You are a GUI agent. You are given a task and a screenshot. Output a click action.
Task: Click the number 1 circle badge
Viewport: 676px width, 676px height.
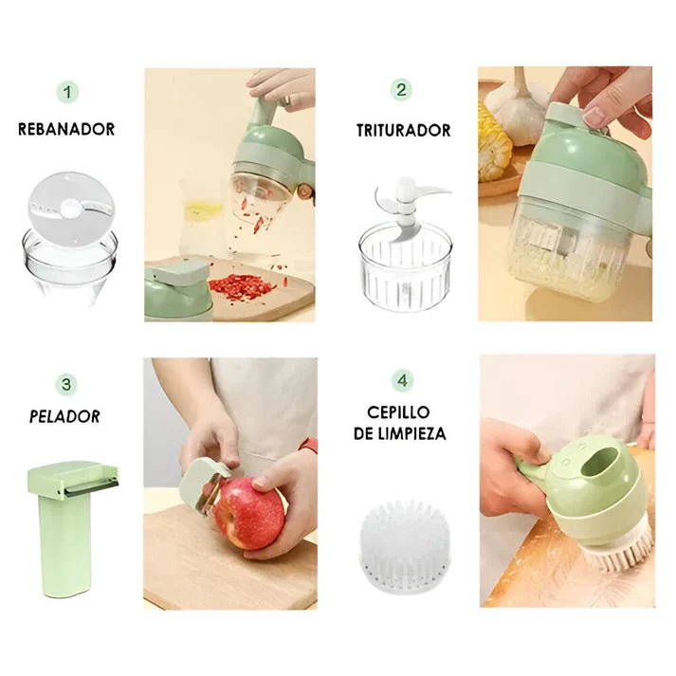coord(66,92)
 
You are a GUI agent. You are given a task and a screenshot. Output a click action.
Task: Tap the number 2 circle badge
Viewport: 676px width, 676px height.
coord(402,90)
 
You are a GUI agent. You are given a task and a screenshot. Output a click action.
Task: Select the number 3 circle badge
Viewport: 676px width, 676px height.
coord(66,384)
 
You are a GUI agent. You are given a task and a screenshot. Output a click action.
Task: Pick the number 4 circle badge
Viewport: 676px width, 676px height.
coord(403,381)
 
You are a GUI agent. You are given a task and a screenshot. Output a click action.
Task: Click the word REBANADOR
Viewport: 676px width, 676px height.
coord(66,129)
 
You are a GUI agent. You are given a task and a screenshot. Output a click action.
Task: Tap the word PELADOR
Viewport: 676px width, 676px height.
coord(65,416)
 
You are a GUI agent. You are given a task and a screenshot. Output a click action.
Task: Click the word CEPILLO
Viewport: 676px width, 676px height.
coord(398,412)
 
